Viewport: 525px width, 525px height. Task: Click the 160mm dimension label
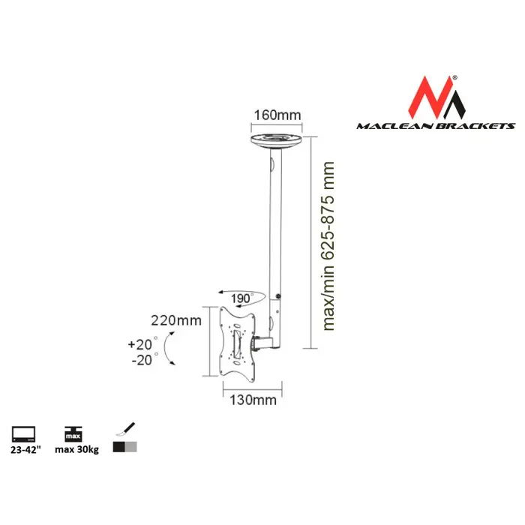click(278, 115)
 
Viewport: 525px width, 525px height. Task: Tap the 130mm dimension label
click(253, 400)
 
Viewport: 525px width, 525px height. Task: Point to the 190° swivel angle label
click(239, 299)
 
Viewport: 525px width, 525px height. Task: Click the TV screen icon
click(22, 433)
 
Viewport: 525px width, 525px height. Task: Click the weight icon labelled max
click(72, 433)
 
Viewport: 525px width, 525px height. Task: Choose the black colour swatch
click(118, 447)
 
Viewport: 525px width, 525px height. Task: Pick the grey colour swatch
click(131, 447)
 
